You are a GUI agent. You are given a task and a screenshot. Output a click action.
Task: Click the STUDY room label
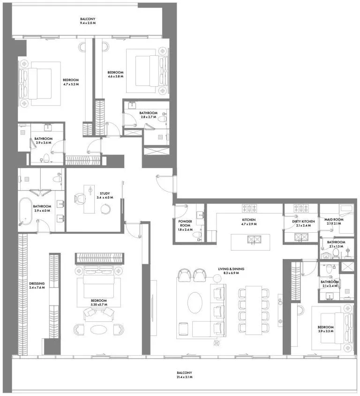coord(105,193)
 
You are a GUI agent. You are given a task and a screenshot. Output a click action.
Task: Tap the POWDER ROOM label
coord(185,223)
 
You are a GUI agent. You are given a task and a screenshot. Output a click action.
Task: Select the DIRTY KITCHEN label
coord(303,221)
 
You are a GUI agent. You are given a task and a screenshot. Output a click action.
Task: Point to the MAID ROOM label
coord(334,220)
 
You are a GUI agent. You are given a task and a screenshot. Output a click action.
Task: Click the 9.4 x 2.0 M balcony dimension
coord(88,23)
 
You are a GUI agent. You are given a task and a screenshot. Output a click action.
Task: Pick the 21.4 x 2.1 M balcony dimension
coord(184,377)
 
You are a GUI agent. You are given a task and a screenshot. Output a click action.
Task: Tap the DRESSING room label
coord(37,283)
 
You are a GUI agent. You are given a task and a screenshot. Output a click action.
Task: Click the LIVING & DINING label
coord(231,269)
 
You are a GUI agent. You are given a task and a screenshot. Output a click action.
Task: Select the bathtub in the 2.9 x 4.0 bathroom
coord(25,211)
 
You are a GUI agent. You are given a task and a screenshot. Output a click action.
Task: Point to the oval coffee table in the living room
coord(195,303)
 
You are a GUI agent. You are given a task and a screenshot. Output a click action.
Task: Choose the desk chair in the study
coord(80,198)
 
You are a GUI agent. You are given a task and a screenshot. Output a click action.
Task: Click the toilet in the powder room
coord(196,236)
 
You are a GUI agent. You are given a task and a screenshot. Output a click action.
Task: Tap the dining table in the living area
coord(254,310)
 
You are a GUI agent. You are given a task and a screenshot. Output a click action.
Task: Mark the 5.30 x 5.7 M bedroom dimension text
coord(99,305)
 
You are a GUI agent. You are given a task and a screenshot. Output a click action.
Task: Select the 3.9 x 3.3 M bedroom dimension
coord(326,331)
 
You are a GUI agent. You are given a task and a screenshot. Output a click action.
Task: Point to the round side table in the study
coord(105,209)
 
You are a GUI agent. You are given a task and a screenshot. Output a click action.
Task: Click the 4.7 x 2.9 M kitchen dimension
coord(249,224)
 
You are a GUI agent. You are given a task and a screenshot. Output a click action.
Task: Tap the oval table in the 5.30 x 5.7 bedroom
coord(98,329)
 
